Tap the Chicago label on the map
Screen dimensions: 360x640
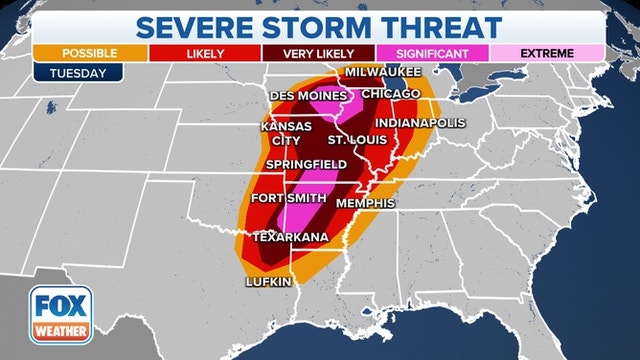[x=392, y=93]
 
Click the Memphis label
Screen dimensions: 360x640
[x=366, y=203]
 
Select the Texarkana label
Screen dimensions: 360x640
[x=291, y=237]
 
